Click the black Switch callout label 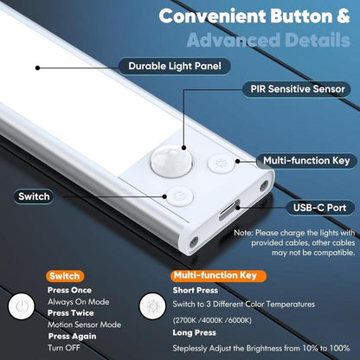coord(35,196)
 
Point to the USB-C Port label coord(318,208)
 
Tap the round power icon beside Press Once coord(22,307)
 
